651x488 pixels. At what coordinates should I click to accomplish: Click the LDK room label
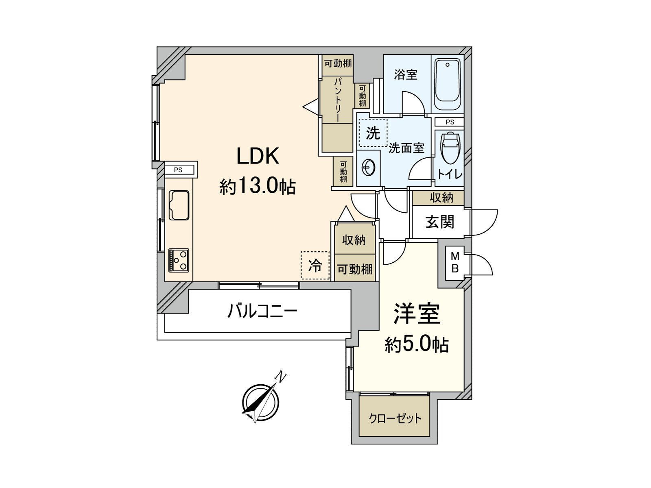258,157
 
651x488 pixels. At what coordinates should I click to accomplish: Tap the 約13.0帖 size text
258,186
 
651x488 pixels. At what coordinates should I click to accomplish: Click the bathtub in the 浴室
447,84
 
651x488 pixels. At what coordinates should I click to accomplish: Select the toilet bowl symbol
450,148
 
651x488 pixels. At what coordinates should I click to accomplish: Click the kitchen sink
179,205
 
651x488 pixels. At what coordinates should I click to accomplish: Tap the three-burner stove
179,260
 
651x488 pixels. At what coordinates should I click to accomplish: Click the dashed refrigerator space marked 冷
315,266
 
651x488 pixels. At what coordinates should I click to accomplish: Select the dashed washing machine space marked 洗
373,133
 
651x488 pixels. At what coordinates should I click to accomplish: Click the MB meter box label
455,262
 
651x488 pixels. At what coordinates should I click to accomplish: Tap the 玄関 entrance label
439,222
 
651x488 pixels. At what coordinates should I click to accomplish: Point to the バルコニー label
262,312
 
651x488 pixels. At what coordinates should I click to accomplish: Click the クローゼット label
395,419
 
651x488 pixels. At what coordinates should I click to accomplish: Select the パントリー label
337,99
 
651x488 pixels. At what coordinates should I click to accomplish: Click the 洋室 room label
417,314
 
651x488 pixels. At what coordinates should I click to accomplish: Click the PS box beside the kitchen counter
179,170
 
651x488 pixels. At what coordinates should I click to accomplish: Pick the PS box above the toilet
450,122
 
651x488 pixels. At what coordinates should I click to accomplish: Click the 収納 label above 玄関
441,198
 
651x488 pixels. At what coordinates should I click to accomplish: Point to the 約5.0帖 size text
417,344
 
